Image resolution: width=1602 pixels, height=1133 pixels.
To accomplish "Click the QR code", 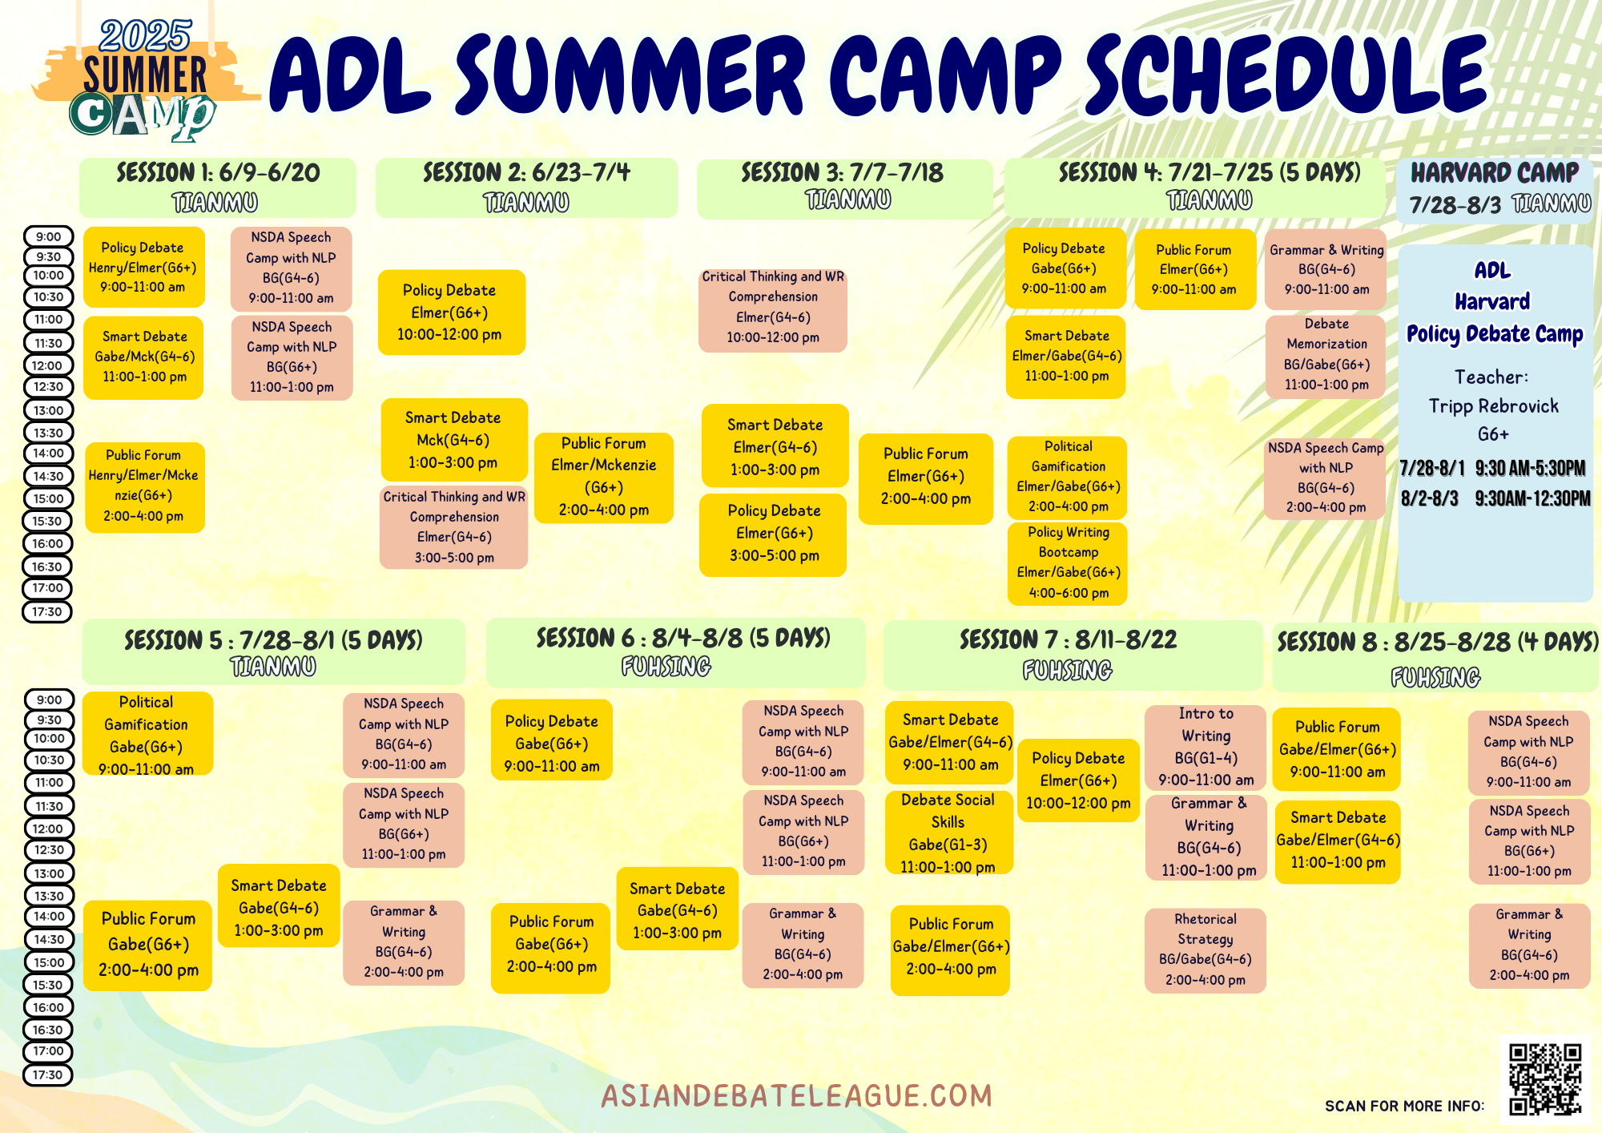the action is click(x=1545, y=1079).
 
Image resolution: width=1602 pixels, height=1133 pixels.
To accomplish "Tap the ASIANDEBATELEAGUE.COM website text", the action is click(x=797, y=1095).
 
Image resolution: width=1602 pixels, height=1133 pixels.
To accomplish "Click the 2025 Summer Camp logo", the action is click(x=145, y=80).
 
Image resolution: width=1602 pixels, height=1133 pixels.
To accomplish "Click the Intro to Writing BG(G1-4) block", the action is click(x=1206, y=747).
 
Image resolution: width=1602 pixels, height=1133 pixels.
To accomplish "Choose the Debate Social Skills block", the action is click(x=948, y=833).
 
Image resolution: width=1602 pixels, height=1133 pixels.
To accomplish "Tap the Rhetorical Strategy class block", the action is click(x=1206, y=950).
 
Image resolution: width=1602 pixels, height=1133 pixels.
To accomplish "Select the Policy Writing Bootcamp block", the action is click(x=1068, y=562).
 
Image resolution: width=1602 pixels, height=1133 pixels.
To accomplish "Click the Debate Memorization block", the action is click(x=1326, y=354).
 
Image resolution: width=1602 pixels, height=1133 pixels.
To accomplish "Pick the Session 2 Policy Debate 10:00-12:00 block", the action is click(x=451, y=312).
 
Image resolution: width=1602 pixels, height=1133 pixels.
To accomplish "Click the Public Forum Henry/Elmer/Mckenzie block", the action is click(x=144, y=486).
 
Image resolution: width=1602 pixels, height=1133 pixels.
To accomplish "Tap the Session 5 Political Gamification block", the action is click(x=147, y=734).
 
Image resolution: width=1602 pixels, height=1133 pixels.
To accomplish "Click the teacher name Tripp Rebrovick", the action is click(x=1494, y=406).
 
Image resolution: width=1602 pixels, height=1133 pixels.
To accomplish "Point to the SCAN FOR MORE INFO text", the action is click(x=1404, y=1106).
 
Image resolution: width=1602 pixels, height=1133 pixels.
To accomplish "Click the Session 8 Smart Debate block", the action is click(x=1338, y=841).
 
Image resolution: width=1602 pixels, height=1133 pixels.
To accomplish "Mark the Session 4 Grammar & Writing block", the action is click(x=1326, y=269).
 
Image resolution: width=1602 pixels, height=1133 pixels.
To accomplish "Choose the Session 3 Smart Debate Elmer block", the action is click(x=775, y=446).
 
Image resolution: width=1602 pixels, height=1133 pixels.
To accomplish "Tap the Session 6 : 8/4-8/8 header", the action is click(x=678, y=652).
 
